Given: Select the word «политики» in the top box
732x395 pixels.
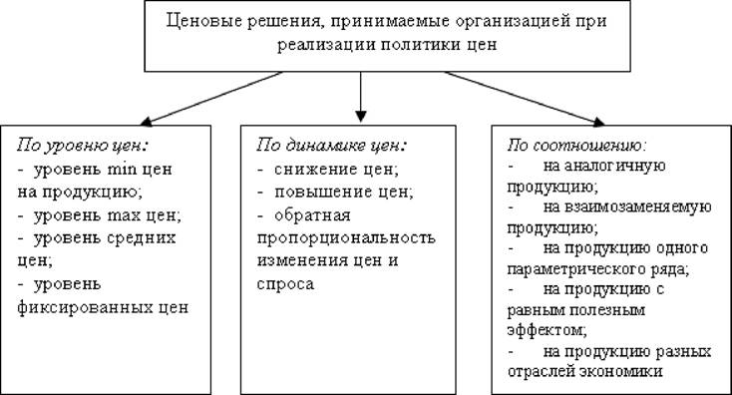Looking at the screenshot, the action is click(x=418, y=45).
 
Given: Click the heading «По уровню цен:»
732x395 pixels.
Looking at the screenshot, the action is click(x=83, y=146).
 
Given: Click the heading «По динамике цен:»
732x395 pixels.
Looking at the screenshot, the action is click(x=332, y=145).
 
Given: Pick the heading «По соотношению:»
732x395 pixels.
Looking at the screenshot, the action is click(x=577, y=145).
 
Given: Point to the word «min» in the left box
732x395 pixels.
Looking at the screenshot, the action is click(x=122, y=169).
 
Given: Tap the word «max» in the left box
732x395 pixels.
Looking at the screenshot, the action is click(x=124, y=215).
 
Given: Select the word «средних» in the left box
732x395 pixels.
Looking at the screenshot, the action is click(x=141, y=238).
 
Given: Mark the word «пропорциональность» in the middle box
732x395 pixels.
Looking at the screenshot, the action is click(x=346, y=237).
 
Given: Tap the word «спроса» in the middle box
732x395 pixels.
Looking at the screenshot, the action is click(x=285, y=284).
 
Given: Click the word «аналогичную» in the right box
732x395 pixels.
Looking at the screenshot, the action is click(x=604, y=167).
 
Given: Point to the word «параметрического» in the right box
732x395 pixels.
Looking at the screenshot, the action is click(x=571, y=270).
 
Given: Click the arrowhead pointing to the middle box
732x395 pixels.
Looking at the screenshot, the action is click(x=360, y=117).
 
